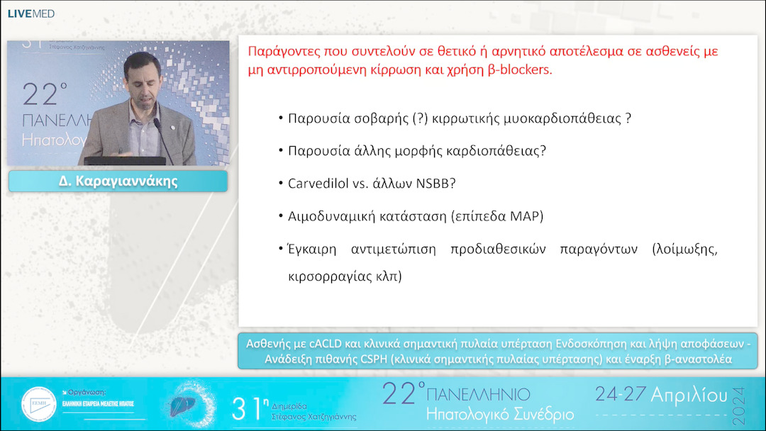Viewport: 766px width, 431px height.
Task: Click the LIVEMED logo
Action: [30, 13]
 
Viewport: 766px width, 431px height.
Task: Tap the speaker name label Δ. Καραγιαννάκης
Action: [118, 181]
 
